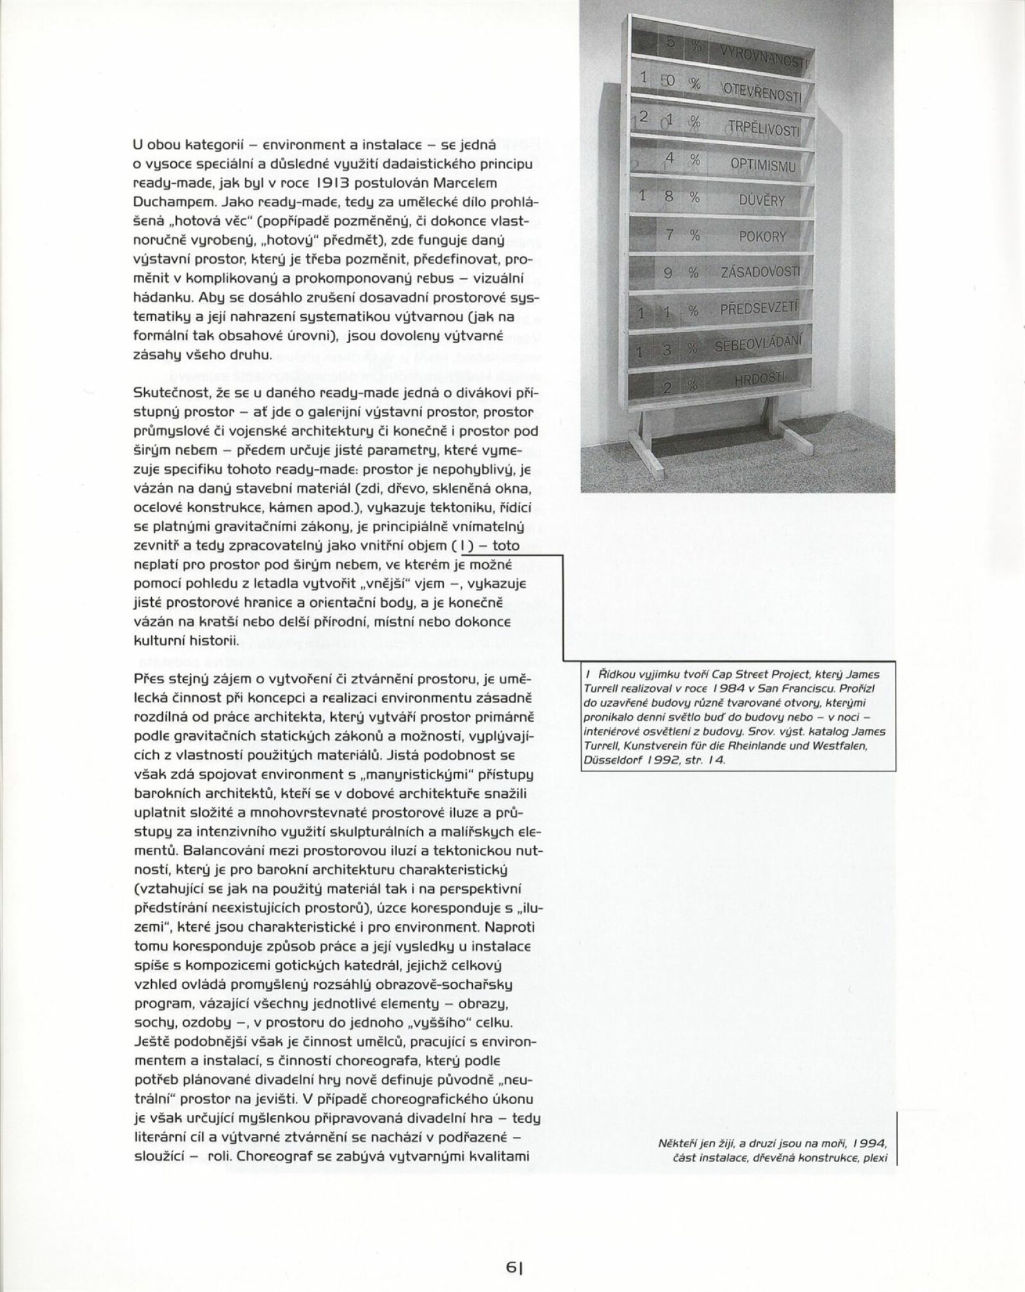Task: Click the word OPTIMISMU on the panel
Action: [762, 165]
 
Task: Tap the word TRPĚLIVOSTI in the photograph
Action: [763, 129]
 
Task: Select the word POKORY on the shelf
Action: [762, 236]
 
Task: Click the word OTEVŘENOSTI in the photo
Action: [762, 94]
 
